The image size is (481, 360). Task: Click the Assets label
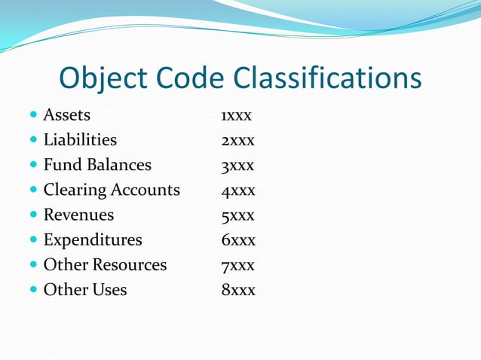tap(66, 115)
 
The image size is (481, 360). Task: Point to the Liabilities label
tap(80, 140)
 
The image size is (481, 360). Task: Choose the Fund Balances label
tap(97, 165)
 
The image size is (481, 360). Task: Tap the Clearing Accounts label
tap(112, 190)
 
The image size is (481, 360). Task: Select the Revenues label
tap(78, 215)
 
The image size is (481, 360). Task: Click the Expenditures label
tap(93, 240)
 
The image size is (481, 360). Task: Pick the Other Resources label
tap(105, 265)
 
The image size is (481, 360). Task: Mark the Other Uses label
tap(85, 290)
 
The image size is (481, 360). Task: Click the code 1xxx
tap(236, 116)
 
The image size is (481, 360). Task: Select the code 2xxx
tap(237, 141)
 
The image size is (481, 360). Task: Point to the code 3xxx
tap(237, 166)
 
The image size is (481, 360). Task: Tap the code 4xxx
tap(237, 191)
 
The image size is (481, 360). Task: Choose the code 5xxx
tap(237, 215)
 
